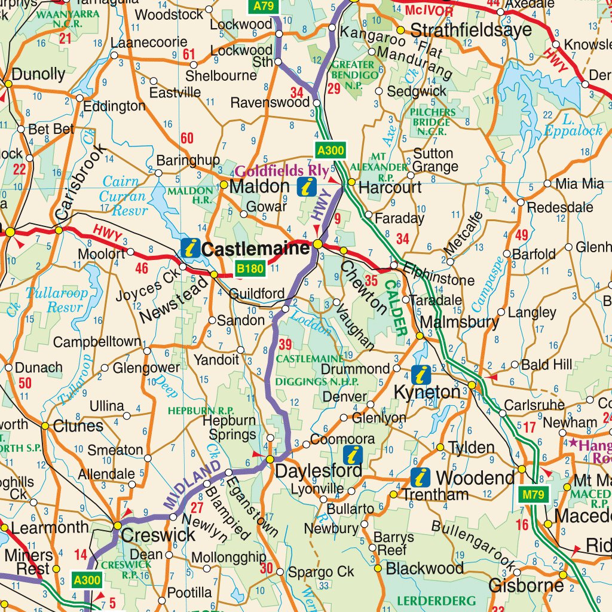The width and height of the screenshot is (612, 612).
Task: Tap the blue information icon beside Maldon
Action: (307, 186)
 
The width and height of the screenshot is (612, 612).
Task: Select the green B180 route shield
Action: (249, 269)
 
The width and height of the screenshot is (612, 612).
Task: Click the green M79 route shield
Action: (533, 494)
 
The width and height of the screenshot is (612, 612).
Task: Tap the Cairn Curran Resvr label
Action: (123, 195)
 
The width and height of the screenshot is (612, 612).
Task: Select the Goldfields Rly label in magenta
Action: (281, 172)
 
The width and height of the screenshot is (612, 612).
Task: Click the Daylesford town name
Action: (319, 471)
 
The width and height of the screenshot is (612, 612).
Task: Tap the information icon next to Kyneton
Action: (421, 375)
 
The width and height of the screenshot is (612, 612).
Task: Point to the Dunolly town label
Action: (38, 74)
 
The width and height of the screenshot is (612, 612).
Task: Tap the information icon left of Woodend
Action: (420, 477)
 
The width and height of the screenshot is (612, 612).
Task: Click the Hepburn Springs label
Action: (229, 427)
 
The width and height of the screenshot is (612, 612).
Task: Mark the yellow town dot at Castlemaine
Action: (318, 244)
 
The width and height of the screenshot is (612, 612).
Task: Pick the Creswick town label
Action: (158, 535)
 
